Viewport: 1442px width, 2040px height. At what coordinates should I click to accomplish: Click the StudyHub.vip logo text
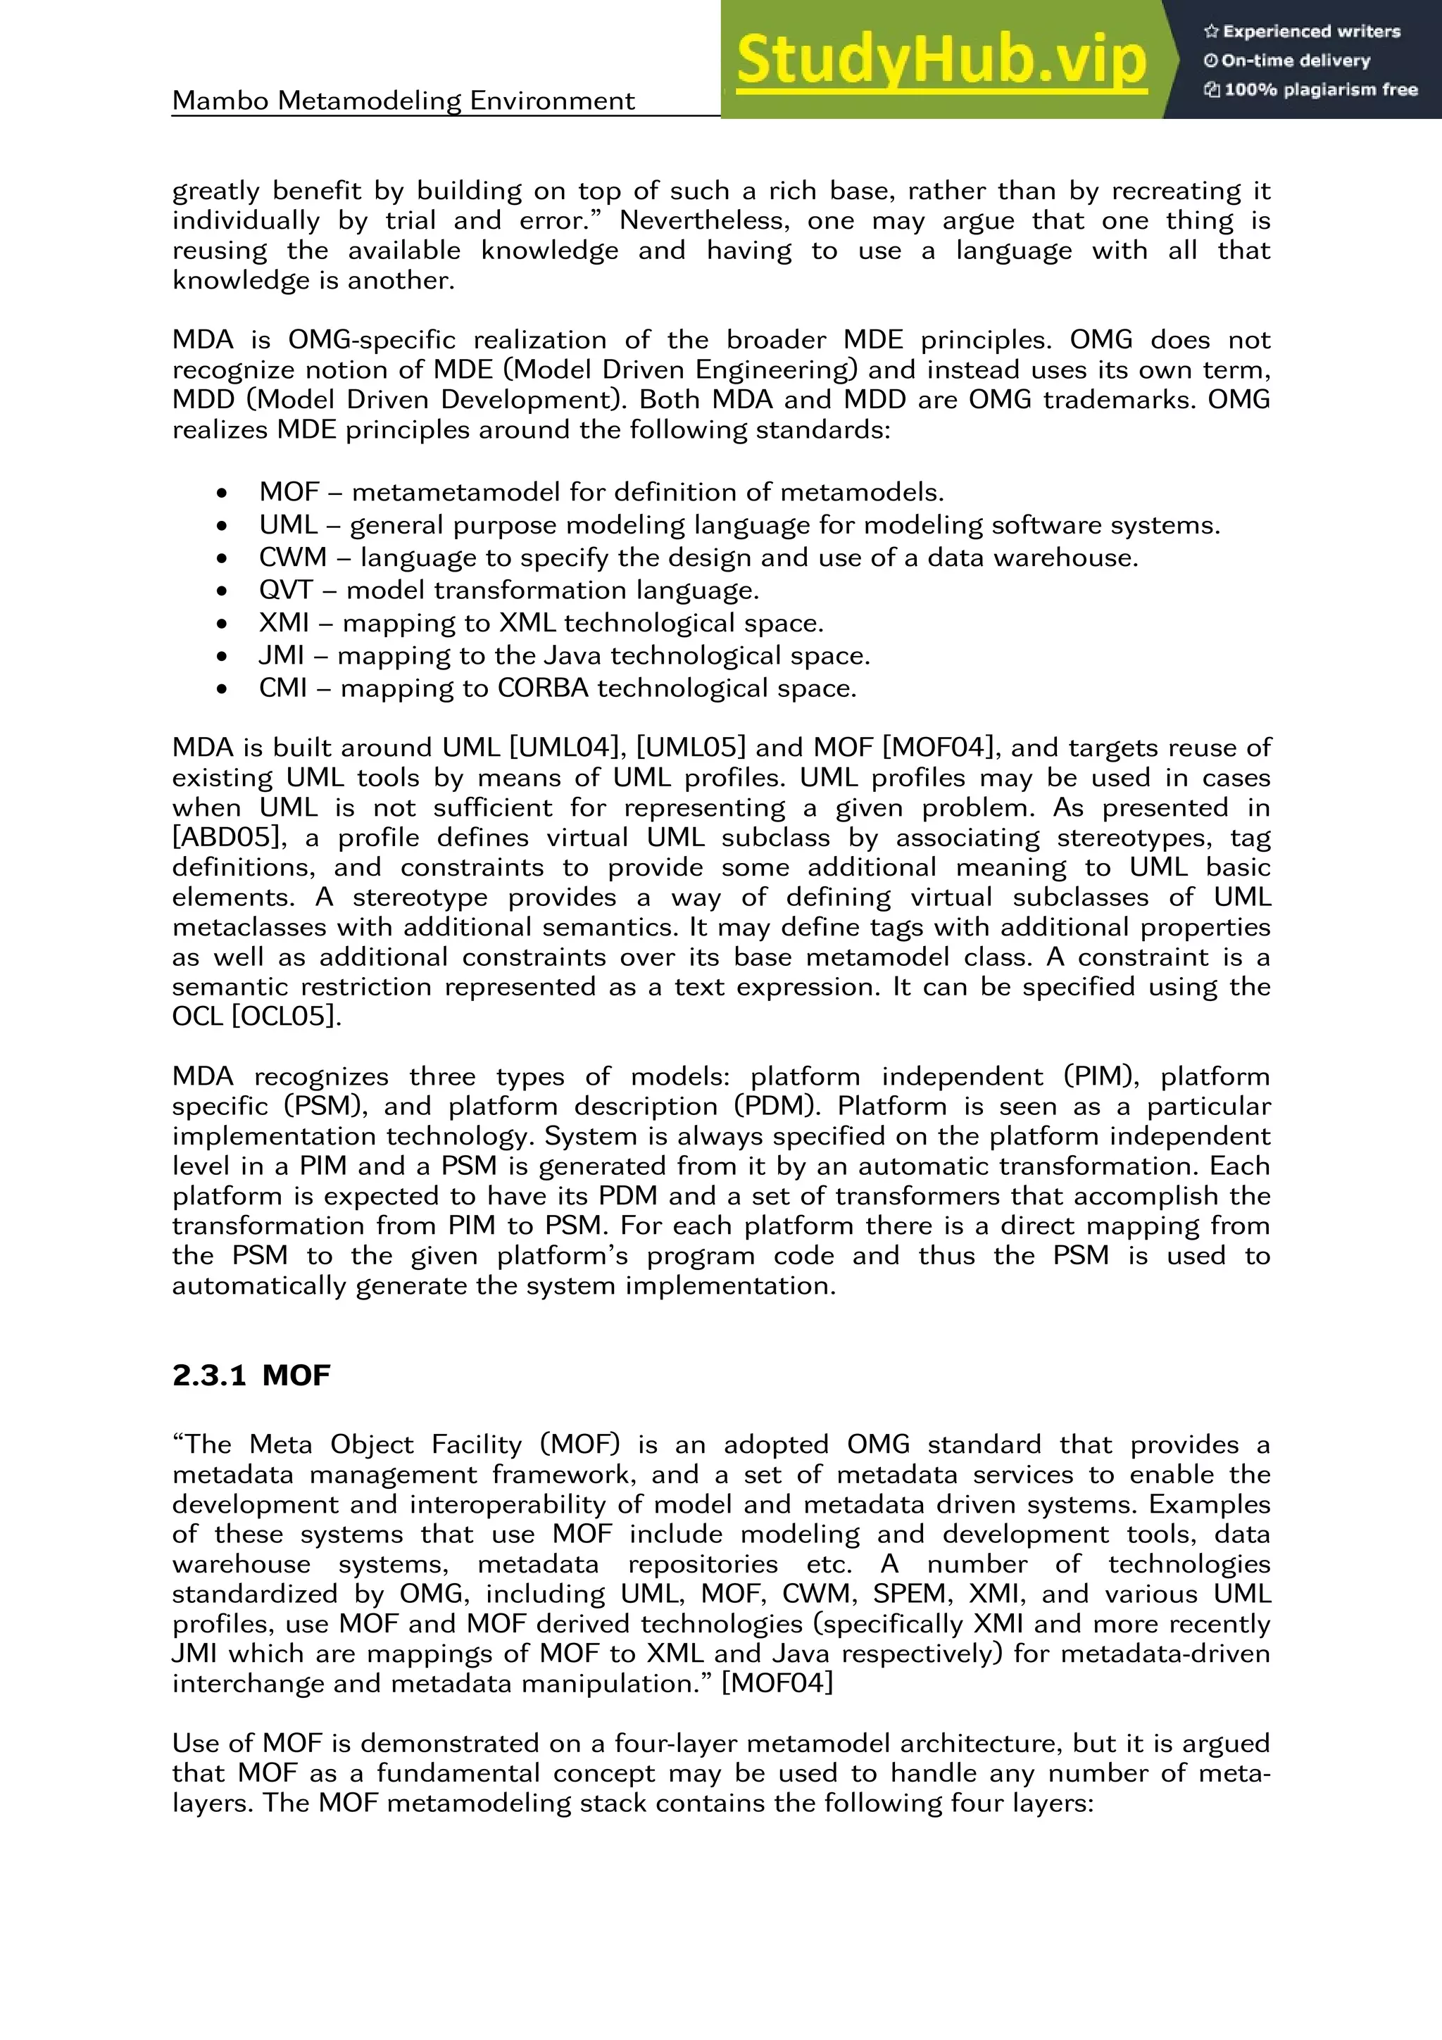941,61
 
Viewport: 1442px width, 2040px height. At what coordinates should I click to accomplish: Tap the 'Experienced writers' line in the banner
1303,32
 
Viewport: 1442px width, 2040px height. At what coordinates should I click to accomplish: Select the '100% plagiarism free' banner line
1312,89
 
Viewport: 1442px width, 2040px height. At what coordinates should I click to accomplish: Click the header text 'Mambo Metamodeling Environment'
403,101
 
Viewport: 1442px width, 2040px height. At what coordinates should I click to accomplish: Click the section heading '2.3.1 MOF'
251,1375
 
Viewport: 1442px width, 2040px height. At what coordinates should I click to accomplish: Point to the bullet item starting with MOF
601,492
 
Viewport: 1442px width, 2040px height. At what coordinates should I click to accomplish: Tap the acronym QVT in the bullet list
286,590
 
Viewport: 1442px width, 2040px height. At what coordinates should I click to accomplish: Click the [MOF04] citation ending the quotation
777,1684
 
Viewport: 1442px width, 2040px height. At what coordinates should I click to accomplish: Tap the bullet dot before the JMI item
221,657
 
